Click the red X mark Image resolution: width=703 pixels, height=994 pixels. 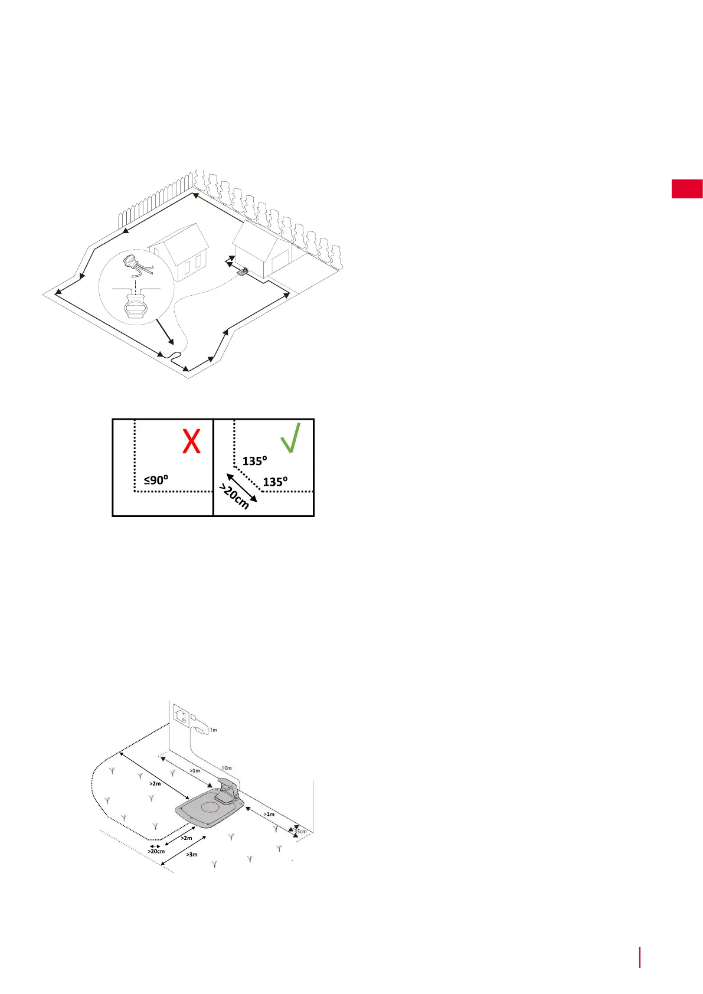[191, 440]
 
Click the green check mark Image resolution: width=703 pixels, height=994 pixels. [290, 437]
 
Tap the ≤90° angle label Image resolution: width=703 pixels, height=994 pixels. [156, 480]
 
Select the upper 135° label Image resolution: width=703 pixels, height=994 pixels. [255, 461]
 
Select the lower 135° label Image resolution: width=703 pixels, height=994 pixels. [275, 482]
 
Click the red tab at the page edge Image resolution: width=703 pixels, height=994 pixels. [687, 189]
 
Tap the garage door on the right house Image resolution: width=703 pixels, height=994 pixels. [281, 262]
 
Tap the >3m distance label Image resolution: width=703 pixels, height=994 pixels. [192, 854]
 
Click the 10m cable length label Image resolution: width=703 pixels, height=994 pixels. [226, 768]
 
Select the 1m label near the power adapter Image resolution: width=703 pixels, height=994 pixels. [214, 730]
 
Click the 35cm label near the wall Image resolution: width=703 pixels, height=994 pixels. [300, 831]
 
